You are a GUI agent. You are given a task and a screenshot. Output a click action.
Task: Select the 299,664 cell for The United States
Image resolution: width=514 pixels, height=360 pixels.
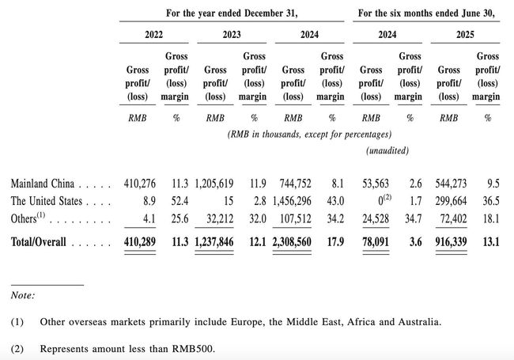point(449,202)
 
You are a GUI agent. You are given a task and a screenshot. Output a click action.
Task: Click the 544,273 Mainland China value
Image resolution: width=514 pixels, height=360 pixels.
point(449,184)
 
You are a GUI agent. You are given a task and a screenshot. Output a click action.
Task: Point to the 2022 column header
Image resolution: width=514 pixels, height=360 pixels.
point(154,36)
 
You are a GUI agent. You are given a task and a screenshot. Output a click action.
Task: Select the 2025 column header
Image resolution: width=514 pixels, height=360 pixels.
point(466,36)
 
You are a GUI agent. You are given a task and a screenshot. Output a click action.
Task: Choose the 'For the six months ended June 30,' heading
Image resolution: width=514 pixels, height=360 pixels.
point(427,13)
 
